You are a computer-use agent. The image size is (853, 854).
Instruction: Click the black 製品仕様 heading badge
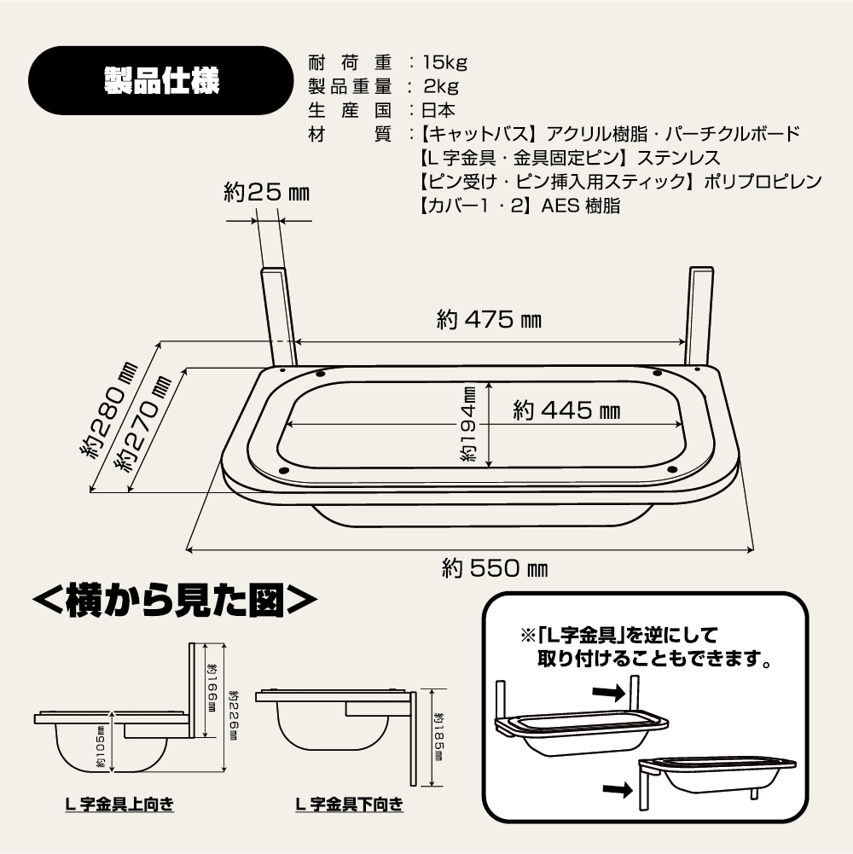tap(161, 80)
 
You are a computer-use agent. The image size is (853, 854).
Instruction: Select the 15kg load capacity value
tap(445, 62)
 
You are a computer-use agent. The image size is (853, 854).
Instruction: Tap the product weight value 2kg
tap(441, 86)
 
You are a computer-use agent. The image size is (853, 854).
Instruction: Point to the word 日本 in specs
tap(438, 110)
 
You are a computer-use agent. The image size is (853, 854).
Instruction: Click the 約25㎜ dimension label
tap(266, 192)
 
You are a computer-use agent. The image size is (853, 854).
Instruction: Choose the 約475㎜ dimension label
tap(489, 320)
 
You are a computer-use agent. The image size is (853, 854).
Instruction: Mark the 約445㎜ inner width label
tap(566, 410)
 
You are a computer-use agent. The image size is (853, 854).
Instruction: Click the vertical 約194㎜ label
tap(469, 424)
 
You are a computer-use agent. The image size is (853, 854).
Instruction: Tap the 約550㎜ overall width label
tap(495, 568)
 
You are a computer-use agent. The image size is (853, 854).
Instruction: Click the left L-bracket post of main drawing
tap(278, 317)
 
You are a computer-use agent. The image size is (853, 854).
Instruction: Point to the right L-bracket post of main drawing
tap(699, 316)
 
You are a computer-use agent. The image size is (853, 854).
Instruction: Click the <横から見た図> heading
tap(175, 601)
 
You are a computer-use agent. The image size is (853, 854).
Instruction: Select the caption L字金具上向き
tap(119, 805)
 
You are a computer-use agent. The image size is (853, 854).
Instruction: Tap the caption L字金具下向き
tap(349, 805)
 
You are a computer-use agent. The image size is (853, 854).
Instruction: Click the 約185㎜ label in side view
tap(438, 737)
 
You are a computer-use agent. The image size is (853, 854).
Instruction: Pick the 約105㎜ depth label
tap(101, 747)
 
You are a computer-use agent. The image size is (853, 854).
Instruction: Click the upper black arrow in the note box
tap(608, 692)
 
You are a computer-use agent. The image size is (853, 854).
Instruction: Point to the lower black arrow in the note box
tap(618, 788)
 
